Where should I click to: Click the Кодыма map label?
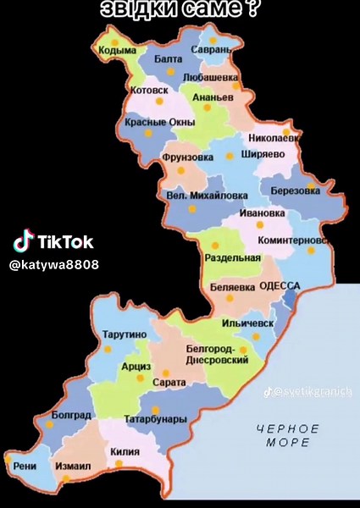click(x=118, y=51)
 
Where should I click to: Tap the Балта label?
click(x=169, y=58)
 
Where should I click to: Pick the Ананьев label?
click(x=213, y=98)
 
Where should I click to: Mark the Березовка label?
click(x=296, y=191)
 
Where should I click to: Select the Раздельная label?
click(x=233, y=257)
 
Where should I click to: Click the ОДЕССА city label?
click(x=280, y=286)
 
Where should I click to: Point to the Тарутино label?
click(x=124, y=334)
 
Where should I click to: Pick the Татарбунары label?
click(x=155, y=419)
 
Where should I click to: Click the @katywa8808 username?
click(x=53, y=265)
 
